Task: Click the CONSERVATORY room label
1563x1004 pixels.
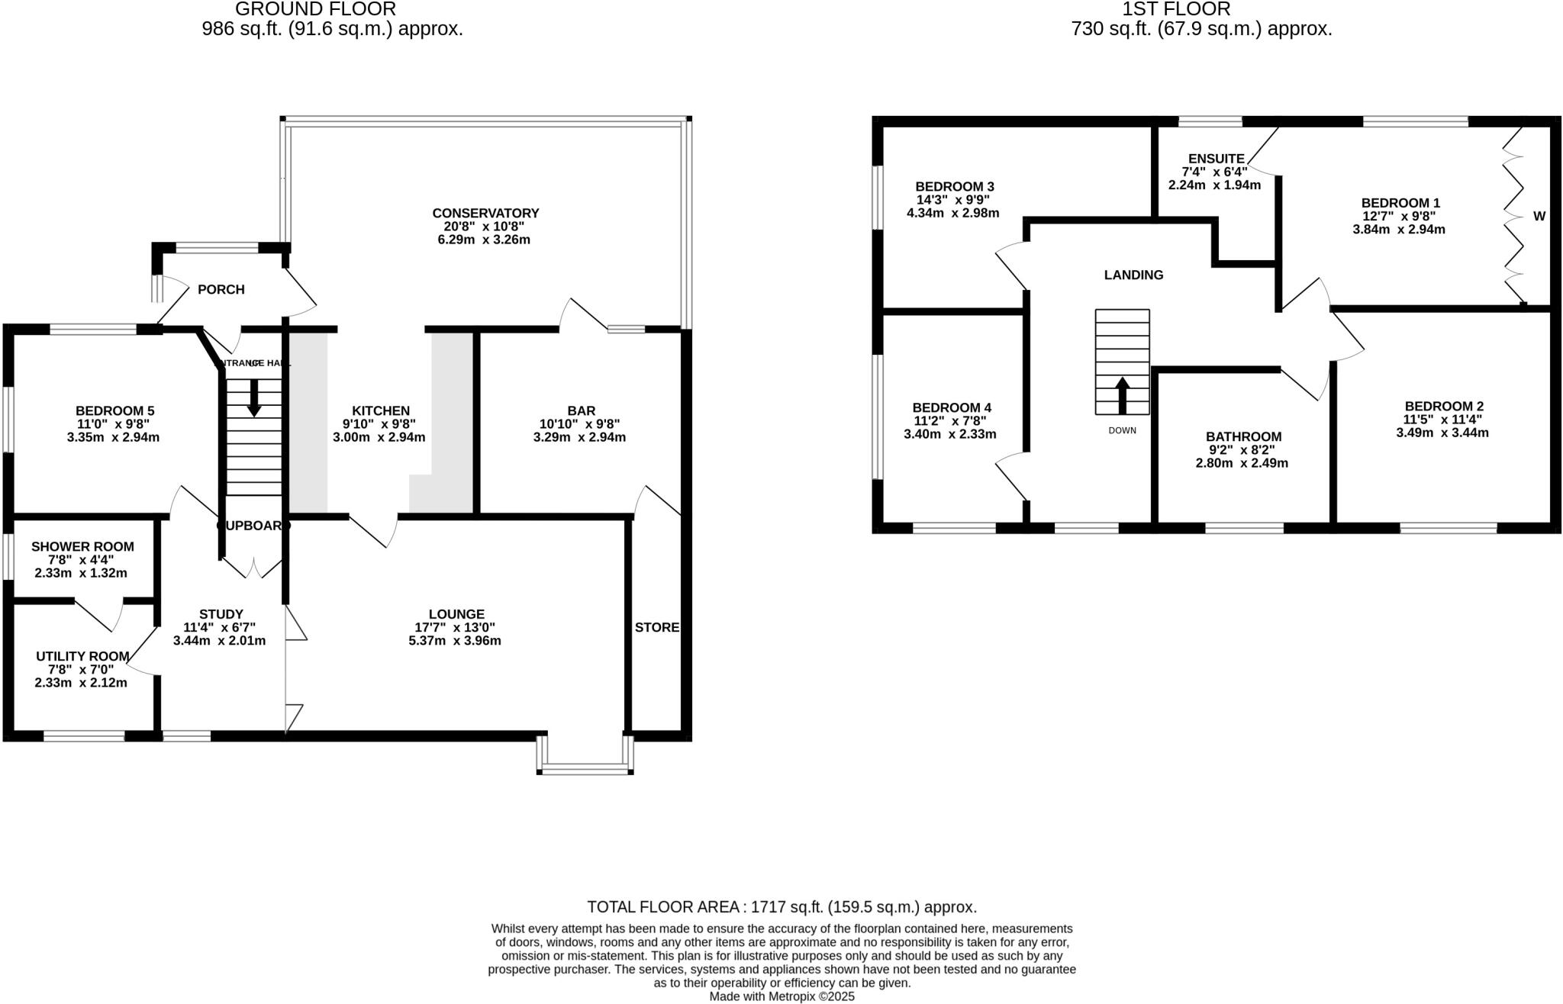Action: pos(485,213)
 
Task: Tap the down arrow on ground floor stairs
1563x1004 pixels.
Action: pos(254,397)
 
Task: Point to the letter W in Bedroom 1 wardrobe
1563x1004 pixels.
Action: pos(1539,216)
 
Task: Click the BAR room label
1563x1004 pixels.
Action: pos(581,410)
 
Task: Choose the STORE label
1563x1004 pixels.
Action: pos(656,627)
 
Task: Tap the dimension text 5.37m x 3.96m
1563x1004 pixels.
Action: pos(455,641)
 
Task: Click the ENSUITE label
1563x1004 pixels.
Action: pos(1216,159)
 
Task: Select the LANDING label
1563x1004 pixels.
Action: pos(1133,275)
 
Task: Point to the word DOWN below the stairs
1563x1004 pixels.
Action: pos(1122,430)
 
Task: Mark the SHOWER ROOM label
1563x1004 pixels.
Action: pos(82,546)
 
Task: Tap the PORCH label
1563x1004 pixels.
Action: pos(221,289)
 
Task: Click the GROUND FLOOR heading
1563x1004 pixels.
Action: pos(315,9)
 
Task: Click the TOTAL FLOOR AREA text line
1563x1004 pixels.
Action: pos(781,907)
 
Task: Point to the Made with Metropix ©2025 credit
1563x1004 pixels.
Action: pos(781,996)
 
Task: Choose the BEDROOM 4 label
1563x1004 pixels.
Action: pos(952,407)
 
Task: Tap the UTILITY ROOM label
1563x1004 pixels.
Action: pos(82,656)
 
